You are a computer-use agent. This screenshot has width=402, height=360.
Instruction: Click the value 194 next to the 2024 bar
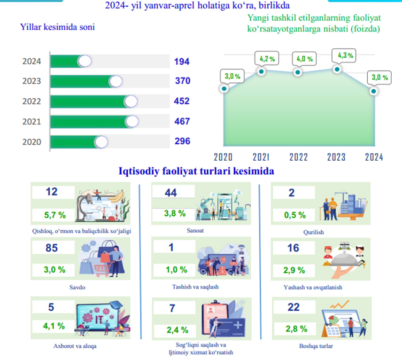182,62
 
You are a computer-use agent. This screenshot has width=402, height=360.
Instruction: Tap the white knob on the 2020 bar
101,142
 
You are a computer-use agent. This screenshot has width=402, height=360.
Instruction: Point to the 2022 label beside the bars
31,102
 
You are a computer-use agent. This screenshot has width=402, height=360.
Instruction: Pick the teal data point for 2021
261,71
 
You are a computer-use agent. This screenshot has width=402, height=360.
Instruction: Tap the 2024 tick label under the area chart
374,157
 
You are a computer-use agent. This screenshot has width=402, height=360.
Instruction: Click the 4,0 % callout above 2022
305,59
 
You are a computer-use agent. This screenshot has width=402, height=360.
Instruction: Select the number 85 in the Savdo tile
52,248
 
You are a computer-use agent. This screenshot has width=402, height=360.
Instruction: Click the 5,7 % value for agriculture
55,215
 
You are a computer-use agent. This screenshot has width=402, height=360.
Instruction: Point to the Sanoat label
195,230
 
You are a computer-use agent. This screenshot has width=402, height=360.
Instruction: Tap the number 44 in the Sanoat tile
171,193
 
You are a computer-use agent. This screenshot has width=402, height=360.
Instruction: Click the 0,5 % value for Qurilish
295,215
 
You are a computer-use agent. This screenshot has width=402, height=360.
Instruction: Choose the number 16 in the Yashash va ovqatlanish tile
293,248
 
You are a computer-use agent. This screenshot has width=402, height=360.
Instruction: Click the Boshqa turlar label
316,346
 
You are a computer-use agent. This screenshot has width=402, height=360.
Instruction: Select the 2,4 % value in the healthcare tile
178,330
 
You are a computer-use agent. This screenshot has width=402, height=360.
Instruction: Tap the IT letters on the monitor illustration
99,320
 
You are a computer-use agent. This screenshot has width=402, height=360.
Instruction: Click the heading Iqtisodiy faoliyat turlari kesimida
196,171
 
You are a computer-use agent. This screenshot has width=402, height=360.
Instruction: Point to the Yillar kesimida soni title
57,27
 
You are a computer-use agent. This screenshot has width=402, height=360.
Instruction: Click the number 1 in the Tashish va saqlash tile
171,247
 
